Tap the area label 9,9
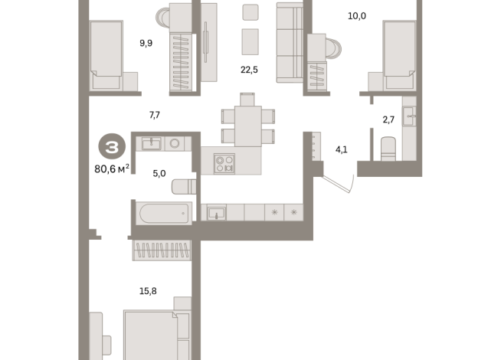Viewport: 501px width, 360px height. pos(146,43)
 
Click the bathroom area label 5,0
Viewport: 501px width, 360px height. pos(159,174)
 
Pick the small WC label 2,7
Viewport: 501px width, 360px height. pos(388,119)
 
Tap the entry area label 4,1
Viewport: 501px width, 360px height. pos(342,149)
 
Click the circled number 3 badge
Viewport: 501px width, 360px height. pos(112,146)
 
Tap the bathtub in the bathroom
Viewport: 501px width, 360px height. pos(163,213)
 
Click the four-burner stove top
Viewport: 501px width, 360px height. pos(225,162)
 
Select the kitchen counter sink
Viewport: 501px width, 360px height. pos(216,212)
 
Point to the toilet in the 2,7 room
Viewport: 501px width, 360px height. pos(386,147)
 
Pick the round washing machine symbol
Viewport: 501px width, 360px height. pos(175,142)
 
